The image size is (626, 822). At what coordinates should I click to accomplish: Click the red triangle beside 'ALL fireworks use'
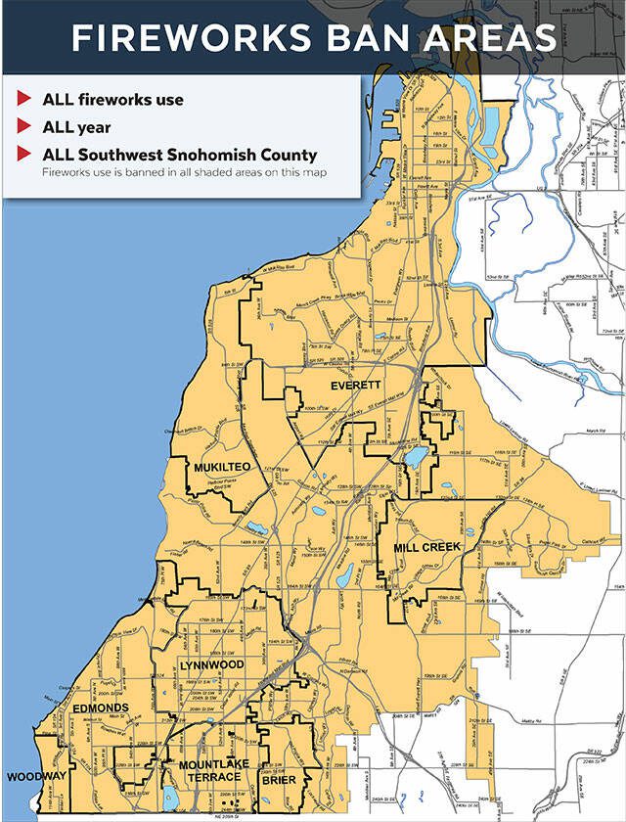22,100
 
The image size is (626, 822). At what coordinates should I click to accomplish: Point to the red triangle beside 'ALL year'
22,127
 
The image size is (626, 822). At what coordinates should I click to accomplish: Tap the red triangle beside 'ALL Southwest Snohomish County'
22,155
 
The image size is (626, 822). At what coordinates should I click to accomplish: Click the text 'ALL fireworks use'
112,100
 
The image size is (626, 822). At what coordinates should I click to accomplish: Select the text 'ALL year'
76,127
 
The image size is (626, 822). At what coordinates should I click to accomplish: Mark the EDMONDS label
100,708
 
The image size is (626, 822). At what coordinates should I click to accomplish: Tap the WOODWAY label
36,776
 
